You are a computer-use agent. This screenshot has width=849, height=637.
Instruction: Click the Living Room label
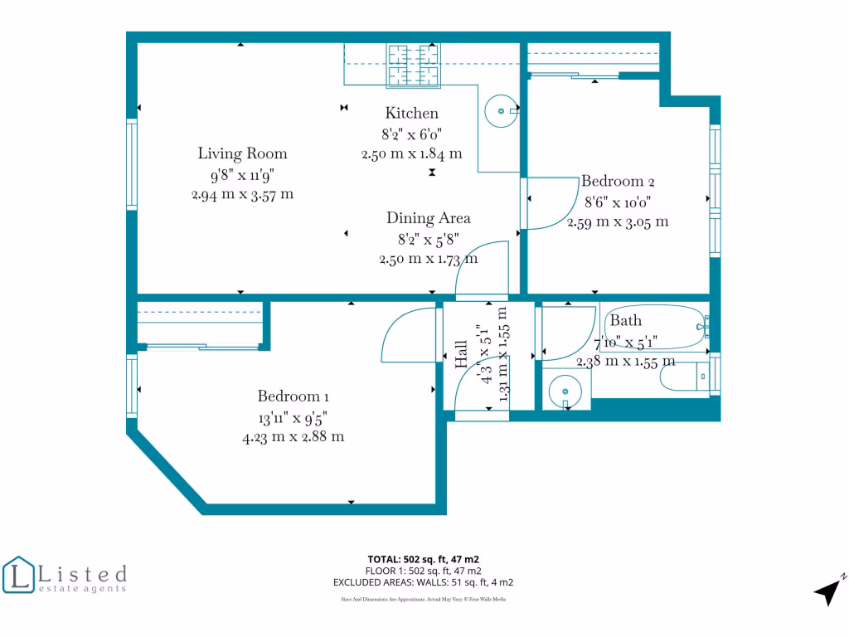pyautogui.click(x=242, y=153)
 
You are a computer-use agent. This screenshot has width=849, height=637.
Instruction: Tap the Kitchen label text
pyautogui.click(x=411, y=114)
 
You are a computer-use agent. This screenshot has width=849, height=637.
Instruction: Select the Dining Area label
pyautogui.click(x=428, y=218)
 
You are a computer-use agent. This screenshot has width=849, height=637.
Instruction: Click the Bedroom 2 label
pyautogui.click(x=618, y=181)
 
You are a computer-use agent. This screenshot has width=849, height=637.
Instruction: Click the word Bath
pyautogui.click(x=626, y=321)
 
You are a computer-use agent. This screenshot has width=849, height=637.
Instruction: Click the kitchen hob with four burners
pyautogui.click(x=412, y=65)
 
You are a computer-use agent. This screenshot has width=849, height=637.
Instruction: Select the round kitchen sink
pyautogui.click(x=501, y=108)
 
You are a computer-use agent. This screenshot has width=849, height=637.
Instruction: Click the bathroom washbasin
pyautogui.click(x=565, y=389)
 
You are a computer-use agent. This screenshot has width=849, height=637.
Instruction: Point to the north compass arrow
pyautogui.click(x=828, y=591)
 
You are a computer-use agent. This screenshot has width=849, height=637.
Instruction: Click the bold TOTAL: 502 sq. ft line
pyautogui.click(x=424, y=559)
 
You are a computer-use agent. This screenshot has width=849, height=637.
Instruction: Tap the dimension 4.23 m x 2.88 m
pyautogui.click(x=293, y=436)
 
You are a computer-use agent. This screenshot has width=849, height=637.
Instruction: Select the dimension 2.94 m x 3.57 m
pyautogui.click(x=242, y=194)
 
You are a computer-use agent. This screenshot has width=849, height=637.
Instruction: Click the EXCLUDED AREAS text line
pyautogui.click(x=424, y=582)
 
